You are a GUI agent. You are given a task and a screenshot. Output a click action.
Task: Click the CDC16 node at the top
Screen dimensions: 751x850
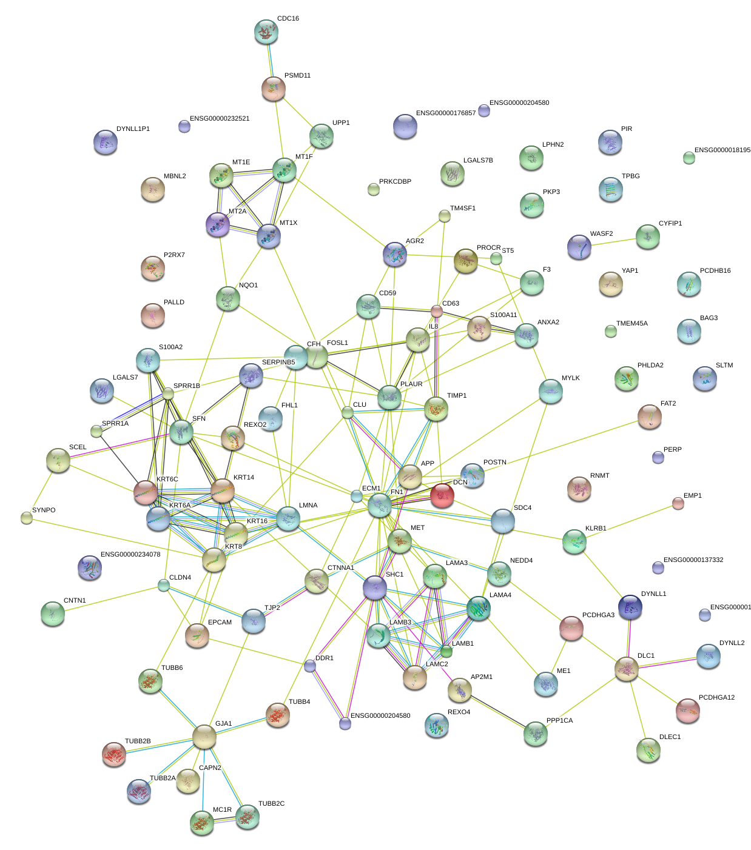(x=266, y=32)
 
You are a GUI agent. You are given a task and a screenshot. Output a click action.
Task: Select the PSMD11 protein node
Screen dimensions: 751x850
(x=274, y=89)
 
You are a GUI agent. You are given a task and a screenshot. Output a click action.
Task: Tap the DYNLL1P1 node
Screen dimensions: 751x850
(x=106, y=142)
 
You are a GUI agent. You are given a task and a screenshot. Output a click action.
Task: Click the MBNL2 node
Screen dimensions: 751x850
(x=152, y=189)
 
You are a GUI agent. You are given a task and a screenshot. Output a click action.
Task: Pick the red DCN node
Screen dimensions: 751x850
(x=442, y=495)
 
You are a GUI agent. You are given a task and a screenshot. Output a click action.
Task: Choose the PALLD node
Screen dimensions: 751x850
(x=153, y=315)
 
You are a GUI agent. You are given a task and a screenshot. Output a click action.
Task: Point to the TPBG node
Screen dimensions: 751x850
(x=610, y=189)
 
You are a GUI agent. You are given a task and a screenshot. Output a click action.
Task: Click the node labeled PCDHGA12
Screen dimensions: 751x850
(x=688, y=711)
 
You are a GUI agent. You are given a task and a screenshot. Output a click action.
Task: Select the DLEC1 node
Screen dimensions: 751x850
(x=648, y=750)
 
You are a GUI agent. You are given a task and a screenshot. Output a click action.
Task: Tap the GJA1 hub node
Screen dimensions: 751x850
(x=204, y=737)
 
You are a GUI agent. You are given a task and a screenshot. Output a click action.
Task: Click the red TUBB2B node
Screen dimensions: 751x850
(x=114, y=754)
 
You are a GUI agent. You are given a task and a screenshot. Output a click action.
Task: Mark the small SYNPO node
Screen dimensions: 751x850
(x=27, y=518)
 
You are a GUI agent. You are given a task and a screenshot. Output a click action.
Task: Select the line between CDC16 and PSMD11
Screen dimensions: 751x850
(x=270, y=60)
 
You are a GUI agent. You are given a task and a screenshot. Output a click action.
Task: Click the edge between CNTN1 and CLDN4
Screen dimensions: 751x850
(x=108, y=600)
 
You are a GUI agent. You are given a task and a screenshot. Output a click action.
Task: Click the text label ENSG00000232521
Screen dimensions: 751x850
(x=220, y=119)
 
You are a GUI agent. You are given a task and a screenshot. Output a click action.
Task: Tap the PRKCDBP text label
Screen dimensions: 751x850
(x=395, y=182)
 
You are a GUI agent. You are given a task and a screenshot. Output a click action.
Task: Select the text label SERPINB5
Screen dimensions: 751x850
(x=278, y=363)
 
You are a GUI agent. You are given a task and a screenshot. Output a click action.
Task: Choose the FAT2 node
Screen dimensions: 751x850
(x=650, y=417)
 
